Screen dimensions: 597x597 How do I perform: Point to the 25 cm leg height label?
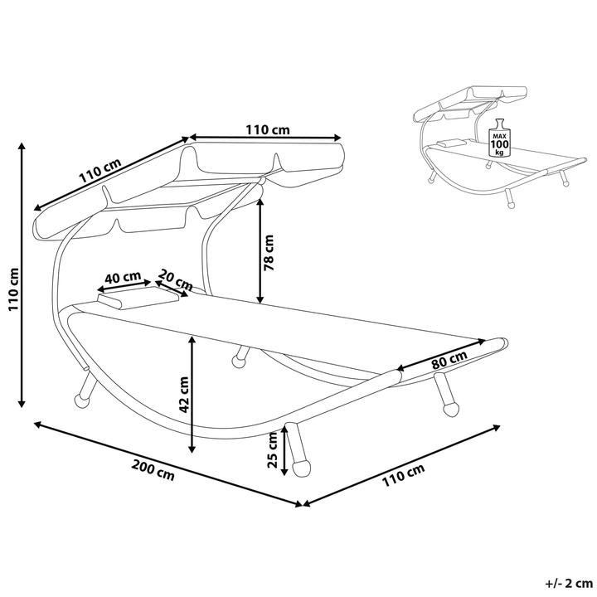point(273,451)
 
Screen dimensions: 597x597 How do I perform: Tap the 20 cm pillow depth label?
point(175,279)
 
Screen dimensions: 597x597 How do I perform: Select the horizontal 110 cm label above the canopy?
point(268,129)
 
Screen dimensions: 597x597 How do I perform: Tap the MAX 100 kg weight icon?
point(499,138)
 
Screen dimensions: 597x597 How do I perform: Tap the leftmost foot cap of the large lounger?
point(80,400)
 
